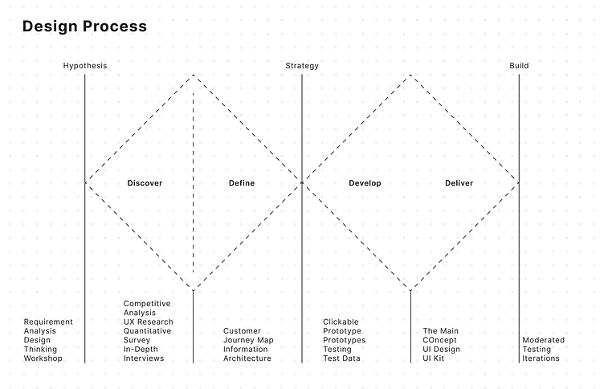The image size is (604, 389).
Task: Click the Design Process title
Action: (84, 27)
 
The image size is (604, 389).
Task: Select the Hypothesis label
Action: (85, 66)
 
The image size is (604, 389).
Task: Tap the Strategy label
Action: (302, 66)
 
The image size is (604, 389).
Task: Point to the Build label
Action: (519, 66)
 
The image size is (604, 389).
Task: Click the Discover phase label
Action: (145, 183)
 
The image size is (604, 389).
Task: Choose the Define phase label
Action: (242, 183)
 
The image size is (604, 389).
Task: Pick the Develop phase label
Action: (365, 183)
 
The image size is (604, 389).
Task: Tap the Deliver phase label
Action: (459, 183)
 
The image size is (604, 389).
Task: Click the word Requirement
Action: (48, 322)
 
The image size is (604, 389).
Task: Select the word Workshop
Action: (43, 358)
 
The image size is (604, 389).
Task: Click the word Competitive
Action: (147, 304)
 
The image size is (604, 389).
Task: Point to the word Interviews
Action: (144, 358)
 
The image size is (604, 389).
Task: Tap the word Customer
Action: (242, 331)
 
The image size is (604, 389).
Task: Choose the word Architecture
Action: (247, 358)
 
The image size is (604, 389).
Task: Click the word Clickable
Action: (341, 321)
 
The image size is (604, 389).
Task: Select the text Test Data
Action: (341, 358)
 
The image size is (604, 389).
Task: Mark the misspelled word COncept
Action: (439, 340)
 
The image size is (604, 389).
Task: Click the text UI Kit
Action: (434, 358)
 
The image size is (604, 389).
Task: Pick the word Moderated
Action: (543, 340)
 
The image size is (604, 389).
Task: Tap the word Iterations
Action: (541, 358)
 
